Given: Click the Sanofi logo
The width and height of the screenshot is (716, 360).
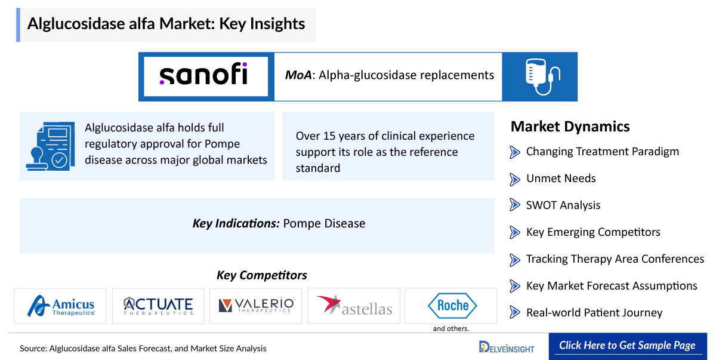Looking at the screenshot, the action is point(203,74).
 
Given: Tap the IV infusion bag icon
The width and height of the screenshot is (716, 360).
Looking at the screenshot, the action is point(542,77).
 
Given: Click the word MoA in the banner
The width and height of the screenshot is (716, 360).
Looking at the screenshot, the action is point(298,75).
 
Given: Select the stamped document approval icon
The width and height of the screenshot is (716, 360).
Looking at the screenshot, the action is point(51,146).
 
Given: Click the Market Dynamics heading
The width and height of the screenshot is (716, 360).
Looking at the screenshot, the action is point(570,127).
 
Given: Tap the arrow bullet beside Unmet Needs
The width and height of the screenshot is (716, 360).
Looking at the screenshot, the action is point(514,179).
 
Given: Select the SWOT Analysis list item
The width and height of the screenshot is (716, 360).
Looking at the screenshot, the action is point(563,205).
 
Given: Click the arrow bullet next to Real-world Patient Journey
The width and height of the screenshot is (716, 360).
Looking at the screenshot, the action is point(514,312).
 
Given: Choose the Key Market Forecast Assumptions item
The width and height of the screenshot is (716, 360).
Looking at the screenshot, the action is point(612,286).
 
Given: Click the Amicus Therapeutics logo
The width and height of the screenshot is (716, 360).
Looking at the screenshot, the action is point(61,306).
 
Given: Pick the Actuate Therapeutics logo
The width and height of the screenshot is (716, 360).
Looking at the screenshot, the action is point(158,306).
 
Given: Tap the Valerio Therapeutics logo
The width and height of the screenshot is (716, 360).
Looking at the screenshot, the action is point(256,305).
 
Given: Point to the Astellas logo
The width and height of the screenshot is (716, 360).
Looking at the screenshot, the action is point(354,305).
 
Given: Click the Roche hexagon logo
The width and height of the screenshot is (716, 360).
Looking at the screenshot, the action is point(452,305).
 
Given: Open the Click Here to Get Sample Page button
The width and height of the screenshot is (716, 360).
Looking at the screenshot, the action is point(628,346).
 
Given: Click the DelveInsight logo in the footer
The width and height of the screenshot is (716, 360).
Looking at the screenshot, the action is point(507,347).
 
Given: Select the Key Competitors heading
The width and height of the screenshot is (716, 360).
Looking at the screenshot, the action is point(261,275).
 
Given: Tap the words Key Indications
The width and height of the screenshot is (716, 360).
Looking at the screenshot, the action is point(236,223).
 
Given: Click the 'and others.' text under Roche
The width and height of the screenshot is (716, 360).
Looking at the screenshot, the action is point(451,329).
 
